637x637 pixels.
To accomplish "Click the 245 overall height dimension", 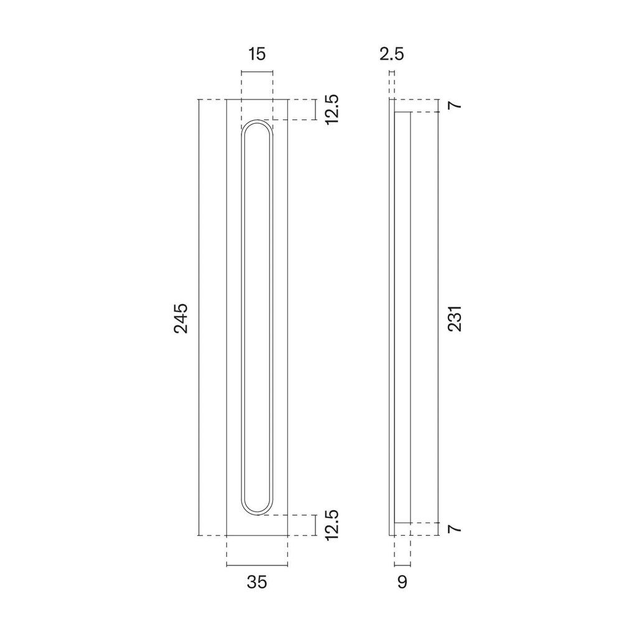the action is click(181, 318).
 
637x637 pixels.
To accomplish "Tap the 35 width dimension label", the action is click(257, 582).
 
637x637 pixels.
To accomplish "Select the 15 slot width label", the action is click(257, 53).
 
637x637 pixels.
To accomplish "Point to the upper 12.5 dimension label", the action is click(332, 109).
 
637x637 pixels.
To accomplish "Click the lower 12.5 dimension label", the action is click(332, 525).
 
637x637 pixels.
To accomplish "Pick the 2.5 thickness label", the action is click(392, 53).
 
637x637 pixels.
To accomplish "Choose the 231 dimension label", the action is click(455, 318).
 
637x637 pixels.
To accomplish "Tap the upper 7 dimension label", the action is click(456, 105).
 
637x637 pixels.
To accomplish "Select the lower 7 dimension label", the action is click(456, 529).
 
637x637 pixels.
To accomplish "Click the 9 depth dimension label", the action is click(402, 582).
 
